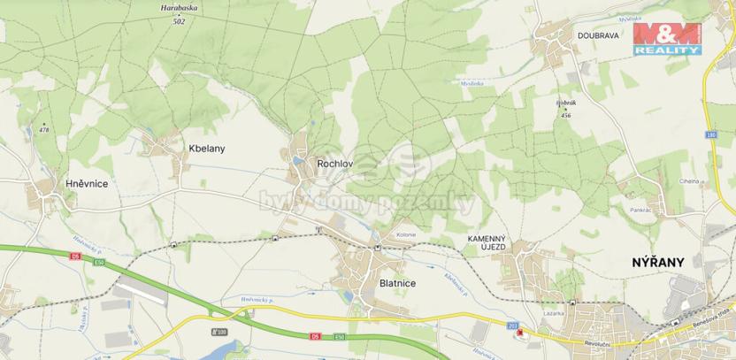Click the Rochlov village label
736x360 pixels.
coord(335,162)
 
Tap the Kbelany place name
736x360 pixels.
coord(207,149)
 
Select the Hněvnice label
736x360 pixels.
coord(87,183)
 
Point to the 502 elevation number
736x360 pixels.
coord(180,21)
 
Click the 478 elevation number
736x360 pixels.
coord(45,130)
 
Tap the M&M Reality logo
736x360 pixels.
coord(668,40)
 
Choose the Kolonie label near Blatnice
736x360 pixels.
coord(406,234)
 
